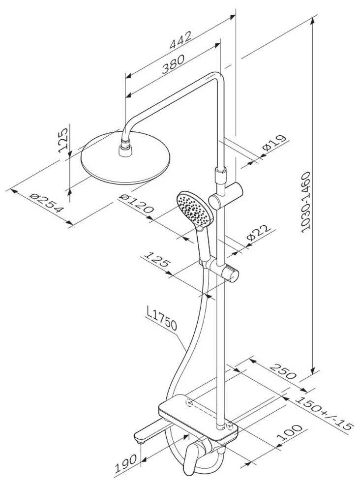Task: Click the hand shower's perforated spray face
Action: (194, 209)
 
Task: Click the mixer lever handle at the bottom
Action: (189, 458)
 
